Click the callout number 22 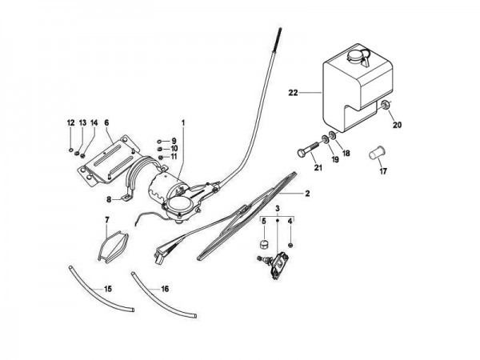(x=293, y=93)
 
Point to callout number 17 (x=383, y=171)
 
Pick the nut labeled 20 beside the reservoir (x=385, y=105)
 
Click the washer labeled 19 (x=325, y=138)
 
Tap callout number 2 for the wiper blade (x=307, y=194)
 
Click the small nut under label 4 (x=290, y=245)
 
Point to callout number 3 (x=278, y=209)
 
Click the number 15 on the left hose (x=108, y=289)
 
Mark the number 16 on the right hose (x=165, y=289)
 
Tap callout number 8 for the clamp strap (x=109, y=200)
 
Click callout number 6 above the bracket (x=106, y=122)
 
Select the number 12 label (x=70, y=123)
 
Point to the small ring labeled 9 (x=159, y=142)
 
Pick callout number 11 (x=174, y=157)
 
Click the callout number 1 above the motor (x=183, y=122)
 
